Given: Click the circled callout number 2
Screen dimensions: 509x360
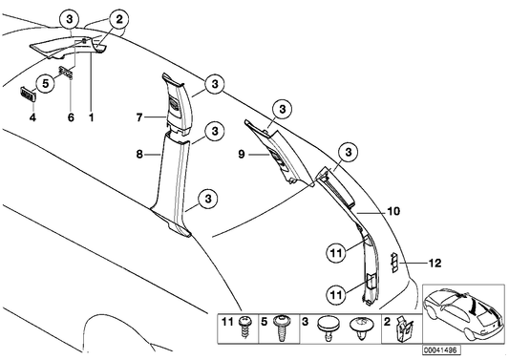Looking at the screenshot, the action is (119, 19).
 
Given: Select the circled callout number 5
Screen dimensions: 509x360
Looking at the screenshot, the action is (46, 83).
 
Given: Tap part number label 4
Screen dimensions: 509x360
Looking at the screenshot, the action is (32, 117).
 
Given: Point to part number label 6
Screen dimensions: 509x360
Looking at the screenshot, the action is (71, 117).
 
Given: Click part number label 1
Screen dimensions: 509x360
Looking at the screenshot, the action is (92, 117).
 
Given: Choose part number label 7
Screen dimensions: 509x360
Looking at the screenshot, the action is (139, 116).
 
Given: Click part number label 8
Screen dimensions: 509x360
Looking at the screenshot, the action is (139, 155).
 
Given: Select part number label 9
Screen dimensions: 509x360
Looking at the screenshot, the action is (242, 154).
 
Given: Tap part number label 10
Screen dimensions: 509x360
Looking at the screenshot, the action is (393, 212).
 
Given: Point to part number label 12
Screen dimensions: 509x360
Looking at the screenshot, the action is (435, 263).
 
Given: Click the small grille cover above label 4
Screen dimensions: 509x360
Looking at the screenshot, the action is (28, 95).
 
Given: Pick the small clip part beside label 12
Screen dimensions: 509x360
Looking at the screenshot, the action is (394, 263).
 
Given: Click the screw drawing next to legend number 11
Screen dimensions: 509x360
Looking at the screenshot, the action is (245, 328).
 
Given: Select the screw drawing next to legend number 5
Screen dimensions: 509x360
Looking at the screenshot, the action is (282, 328).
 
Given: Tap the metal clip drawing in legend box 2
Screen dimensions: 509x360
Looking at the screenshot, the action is (404, 329).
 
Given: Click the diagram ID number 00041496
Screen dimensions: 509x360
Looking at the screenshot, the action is (441, 349).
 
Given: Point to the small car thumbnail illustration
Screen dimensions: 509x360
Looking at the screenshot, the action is (463, 313).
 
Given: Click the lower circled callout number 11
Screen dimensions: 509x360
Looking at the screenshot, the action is (336, 295).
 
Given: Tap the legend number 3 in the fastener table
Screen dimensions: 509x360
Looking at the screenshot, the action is (306, 323).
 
